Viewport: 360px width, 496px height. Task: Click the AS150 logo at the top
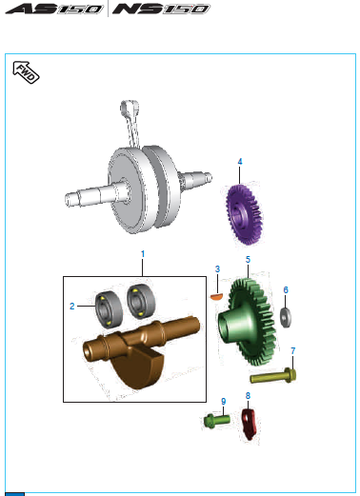pyautogui.click(x=54, y=9)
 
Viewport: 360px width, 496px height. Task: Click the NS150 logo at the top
pyautogui.click(x=161, y=9)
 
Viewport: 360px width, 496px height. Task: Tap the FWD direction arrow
pyautogui.click(x=26, y=72)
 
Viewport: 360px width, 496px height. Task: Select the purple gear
pyautogui.click(x=244, y=214)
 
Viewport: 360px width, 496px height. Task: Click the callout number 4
pyautogui.click(x=240, y=162)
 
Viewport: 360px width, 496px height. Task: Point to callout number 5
pyautogui.click(x=248, y=260)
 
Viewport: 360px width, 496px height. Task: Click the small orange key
pyautogui.click(x=217, y=297)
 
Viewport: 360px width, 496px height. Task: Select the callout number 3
pyautogui.click(x=217, y=269)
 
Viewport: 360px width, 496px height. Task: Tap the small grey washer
pyautogui.click(x=286, y=317)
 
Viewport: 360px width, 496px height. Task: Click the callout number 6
pyautogui.click(x=286, y=290)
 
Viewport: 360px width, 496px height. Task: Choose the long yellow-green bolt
pyautogui.click(x=273, y=376)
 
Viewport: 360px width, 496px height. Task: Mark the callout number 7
pyautogui.click(x=293, y=351)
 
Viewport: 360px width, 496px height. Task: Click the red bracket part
pyautogui.click(x=250, y=424)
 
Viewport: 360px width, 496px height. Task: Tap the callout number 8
pyautogui.click(x=248, y=396)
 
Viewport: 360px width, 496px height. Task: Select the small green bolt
pyautogui.click(x=217, y=421)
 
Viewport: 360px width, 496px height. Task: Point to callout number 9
pyautogui.click(x=224, y=402)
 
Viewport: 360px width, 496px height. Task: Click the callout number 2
pyautogui.click(x=72, y=307)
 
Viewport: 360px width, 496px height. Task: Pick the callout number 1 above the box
pyautogui.click(x=143, y=254)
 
